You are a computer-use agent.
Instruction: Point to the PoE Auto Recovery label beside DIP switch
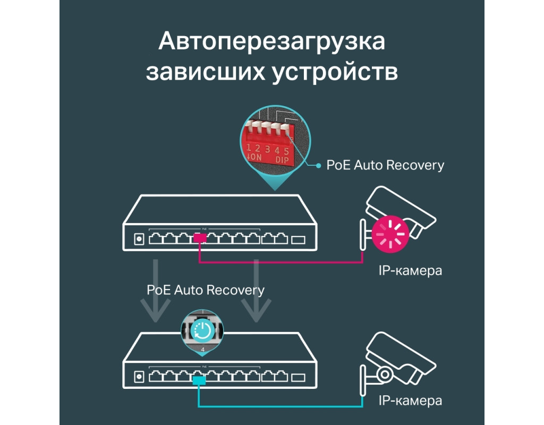[x=385, y=165]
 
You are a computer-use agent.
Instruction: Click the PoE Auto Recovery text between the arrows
[x=206, y=290]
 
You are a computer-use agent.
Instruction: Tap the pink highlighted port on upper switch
[x=200, y=239]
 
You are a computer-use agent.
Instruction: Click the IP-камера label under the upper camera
[x=410, y=271]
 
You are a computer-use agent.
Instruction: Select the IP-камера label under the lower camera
[x=410, y=401]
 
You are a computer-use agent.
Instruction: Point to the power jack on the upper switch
[x=139, y=239]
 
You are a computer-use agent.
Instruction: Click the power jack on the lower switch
[x=139, y=377]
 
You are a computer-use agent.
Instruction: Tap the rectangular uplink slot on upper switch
[x=299, y=239]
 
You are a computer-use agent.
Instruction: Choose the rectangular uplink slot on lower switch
[x=299, y=377]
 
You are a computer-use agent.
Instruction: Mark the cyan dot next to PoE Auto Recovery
[x=318, y=166]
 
